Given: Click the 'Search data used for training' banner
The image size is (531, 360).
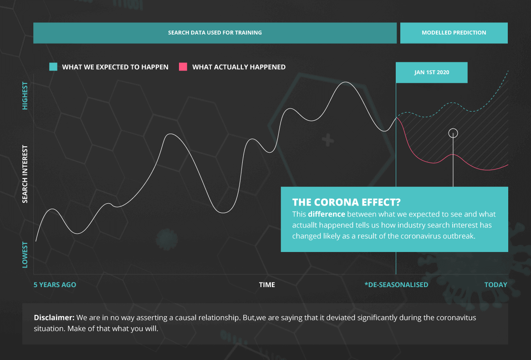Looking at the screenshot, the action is pos(214,33).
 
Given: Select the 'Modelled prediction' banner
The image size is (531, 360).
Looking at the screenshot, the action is pos(454,33).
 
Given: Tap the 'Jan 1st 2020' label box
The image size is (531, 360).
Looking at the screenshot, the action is pos(431,72).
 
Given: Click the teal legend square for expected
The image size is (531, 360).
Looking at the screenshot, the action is pos(53,67).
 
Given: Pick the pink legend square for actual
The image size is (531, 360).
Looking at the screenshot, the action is pos(183,67).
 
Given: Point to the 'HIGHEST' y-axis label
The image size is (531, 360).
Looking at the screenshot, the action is pos(25,96).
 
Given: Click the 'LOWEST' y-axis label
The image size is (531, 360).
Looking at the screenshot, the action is pos(25,255).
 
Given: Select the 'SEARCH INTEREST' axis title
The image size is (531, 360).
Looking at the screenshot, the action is pos(25,174).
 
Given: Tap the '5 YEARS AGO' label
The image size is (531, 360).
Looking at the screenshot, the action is pos(55,285).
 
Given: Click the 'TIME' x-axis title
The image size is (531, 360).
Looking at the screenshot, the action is pos(267,285).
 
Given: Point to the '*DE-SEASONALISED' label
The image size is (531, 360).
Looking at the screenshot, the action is pos(396,285).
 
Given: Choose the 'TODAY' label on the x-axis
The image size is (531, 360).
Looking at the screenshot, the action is pos(496,285).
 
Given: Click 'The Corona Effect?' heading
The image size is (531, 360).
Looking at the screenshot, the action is pos(347,202).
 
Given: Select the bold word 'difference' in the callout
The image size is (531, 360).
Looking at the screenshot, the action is pos(327,214).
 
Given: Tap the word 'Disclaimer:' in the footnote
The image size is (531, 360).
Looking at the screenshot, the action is pos(54,318).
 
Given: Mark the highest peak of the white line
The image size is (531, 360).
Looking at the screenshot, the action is pos(345,82).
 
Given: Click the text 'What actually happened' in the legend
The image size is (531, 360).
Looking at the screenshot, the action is pos(239,67).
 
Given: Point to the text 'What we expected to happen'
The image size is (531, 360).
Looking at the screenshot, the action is pos(115,67).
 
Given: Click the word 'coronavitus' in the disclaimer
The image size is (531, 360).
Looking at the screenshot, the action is pos(456,318).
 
